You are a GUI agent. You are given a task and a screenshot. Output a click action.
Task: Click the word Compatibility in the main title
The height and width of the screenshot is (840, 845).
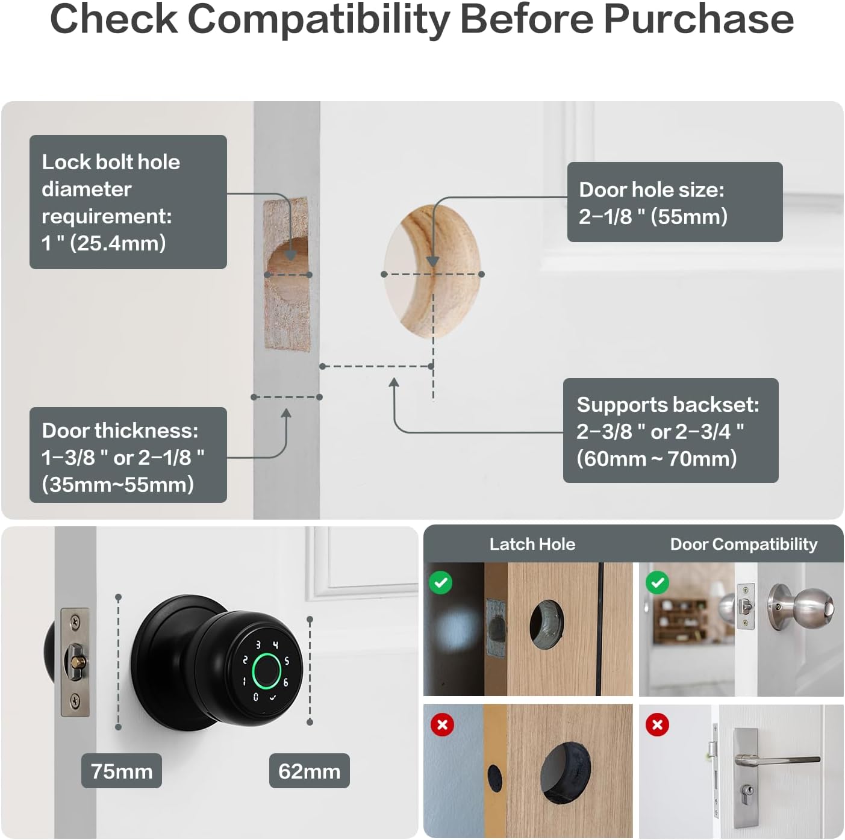point(319,19)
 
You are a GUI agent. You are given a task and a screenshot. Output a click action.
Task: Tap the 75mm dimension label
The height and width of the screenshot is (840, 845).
point(122,771)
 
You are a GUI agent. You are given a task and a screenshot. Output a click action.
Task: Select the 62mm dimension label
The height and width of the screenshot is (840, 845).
point(309,771)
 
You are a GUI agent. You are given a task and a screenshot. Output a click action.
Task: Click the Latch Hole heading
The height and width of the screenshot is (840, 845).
point(532,544)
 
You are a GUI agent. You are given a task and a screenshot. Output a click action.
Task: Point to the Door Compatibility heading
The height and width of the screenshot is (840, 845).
point(743,544)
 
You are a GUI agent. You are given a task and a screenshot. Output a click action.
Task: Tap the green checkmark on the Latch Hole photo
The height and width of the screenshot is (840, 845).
point(441,582)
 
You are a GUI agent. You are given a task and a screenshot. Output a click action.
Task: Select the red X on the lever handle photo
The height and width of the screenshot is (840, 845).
point(657,724)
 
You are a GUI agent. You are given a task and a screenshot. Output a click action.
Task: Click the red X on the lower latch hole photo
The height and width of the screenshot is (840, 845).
point(442,724)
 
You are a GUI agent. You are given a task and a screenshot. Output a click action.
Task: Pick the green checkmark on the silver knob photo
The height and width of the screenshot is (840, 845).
point(657,582)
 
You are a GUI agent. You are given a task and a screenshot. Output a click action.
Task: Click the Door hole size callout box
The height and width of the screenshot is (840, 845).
point(675,202)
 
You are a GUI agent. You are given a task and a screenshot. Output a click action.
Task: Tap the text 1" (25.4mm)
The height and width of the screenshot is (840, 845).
point(104,243)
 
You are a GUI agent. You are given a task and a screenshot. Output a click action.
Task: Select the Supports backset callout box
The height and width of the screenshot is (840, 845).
point(670,431)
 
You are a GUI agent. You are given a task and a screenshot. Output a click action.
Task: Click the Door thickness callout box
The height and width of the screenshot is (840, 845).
point(128,455)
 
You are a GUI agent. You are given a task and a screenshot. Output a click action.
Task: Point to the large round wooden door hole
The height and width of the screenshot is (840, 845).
point(432,271)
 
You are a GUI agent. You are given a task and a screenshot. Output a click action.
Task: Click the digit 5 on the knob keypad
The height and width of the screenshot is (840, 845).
point(287,661)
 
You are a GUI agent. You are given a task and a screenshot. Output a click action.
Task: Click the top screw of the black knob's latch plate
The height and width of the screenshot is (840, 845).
point(75,620)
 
